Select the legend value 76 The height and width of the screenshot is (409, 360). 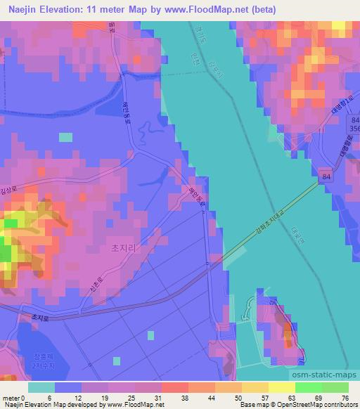[x=345, y=398]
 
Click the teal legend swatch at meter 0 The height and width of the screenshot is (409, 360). [x=41, y=387]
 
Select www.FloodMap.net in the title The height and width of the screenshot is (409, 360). [x=212, y=10]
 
